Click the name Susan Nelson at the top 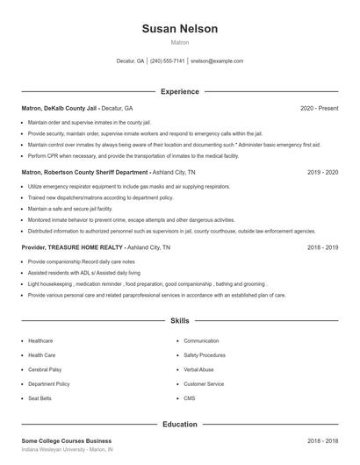coord(179,28)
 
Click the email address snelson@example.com coord(216,61)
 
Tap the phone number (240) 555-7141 coord(167,61)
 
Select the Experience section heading coord(179,91)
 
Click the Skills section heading coord(179,322)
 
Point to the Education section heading coord(179,425)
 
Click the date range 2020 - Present coord(319,108)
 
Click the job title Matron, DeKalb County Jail coord(58,108)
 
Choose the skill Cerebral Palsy coord(45,369)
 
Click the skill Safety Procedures coord(205,354)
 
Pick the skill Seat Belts coord(40,399)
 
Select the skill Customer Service coord(204,384)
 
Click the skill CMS coord(189,399)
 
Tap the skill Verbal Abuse coord(199,369)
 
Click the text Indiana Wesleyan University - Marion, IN coord(68,449)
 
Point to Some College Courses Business coord(67,440)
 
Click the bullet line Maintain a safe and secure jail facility coord(70,210)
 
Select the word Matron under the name coord(179,42)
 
